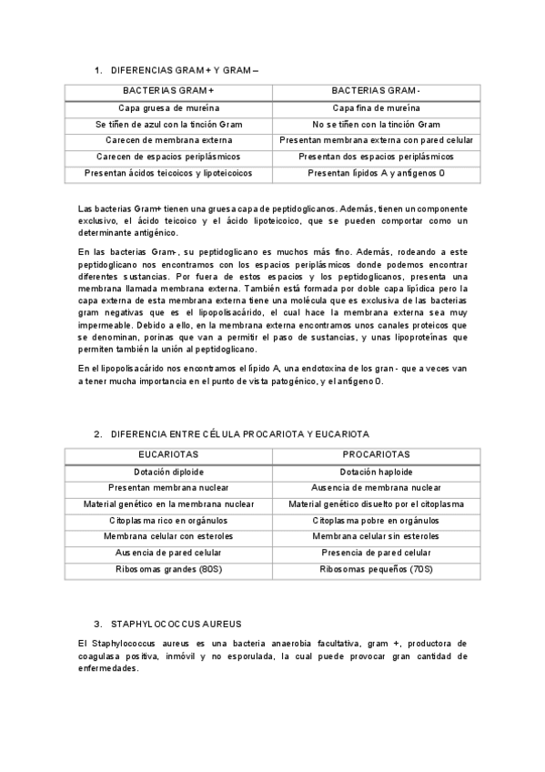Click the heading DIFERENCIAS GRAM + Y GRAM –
coord(185,70)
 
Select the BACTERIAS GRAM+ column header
coord(168,90)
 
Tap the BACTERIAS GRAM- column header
coord(376,90)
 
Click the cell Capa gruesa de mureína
coord(168,107)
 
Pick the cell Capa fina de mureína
coord(376,107)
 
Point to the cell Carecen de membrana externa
coord(168,140)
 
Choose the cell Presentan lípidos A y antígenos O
coord(376,172)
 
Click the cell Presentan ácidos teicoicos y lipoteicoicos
coord(168,172)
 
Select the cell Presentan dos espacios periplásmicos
coord(376,157)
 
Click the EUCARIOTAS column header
coord(168,454)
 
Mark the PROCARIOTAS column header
coord(376,454)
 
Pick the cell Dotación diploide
coord(168,472)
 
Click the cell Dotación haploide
coord(376,472)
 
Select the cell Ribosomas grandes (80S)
coord(168,569)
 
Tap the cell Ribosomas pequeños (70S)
coord(376,569)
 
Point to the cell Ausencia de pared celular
coord(168,553)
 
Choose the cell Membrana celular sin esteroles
coord(376,536)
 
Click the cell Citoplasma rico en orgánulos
coord(168,520)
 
